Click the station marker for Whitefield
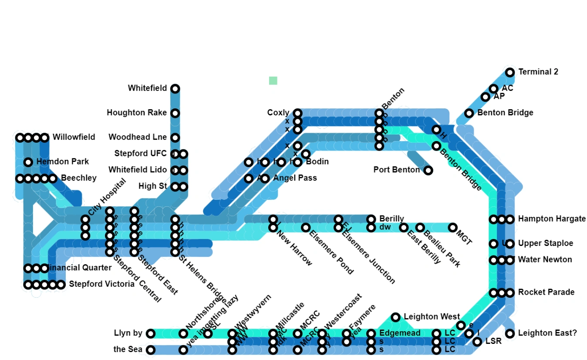pyautogui.click(x=175, y=89)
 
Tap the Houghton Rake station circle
pyautogui.click(x=175, y=113)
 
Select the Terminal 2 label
pyautogui.click(x=538, y=72)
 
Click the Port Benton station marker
pyautogui.click(x=428, y=170)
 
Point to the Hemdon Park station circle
pyautogui.click(x=28, y=162)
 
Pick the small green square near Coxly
pyautogui.click(x=273, y=81)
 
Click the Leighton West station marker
pyautogui.click(x=395, y=317)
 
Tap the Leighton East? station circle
pyautogui.click(x=510, y=333)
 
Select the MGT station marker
pyautogui.click(x=453, y=227)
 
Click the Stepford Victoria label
pyautogui.click(x=102, y=284)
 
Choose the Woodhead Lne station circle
pyautogui.click(x=175, y=138)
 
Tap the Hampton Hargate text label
pyautogui.click(x=552, y=219)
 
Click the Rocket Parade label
pyautogui.click(x=546, y=292)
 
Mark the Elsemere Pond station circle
pyautogui.click(x=306, y=227)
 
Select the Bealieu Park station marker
pyautogui.click(x=420, y=227)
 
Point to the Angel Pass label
pyautogui.click(x=295, y=178)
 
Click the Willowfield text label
pyautogui.click(x=74, y=137)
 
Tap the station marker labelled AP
pyautogui.click(x=486, y=97)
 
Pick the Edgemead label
pyautogui.click(x=400, y=333)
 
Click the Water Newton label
pyautogui.click(x=545, y=259)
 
